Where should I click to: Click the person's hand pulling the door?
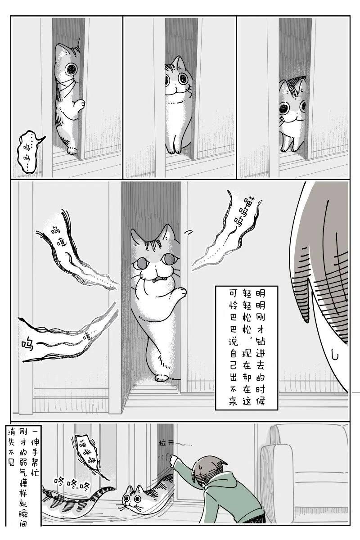click(x=172, y=459)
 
